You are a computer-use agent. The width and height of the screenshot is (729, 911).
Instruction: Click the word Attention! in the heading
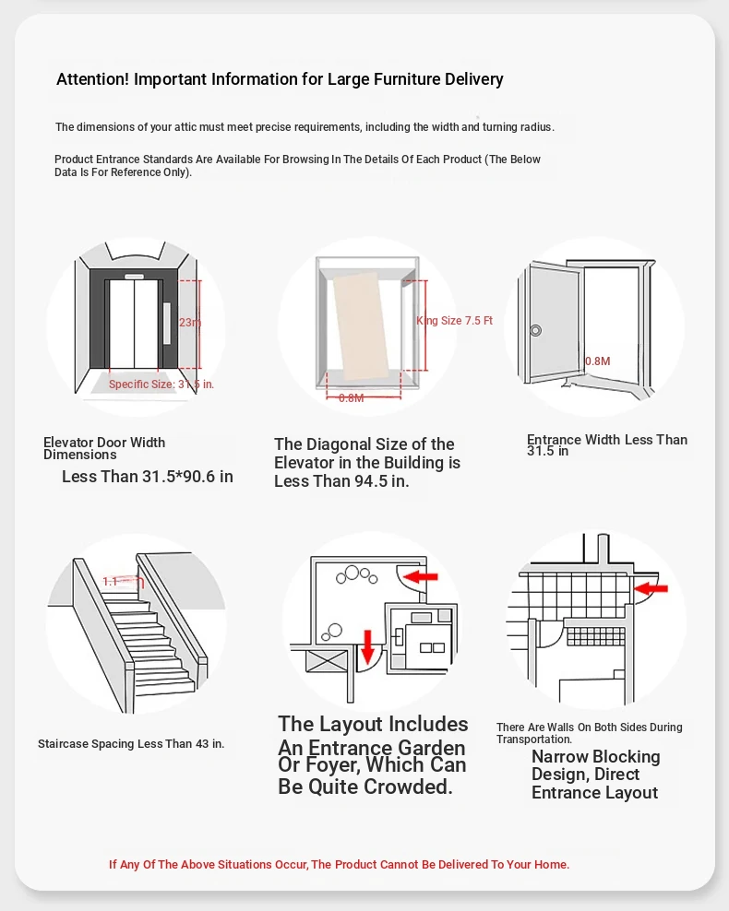coord(93,79)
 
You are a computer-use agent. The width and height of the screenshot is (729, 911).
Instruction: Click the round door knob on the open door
coord(535,330)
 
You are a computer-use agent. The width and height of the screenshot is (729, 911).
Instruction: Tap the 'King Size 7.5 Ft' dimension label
coord(454,321)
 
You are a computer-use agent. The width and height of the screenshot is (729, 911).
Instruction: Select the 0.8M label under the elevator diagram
coord(351,397)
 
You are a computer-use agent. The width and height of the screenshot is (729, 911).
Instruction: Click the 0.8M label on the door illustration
coord(597,361)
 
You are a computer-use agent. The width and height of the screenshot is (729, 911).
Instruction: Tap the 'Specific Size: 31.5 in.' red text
coord(161,384)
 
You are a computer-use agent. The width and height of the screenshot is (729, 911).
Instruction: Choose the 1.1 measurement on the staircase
coord(111,582)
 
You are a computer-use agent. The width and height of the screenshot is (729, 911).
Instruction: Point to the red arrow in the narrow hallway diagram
coord(651,586)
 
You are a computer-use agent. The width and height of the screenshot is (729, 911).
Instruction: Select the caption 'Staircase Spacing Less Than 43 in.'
coord(131,743)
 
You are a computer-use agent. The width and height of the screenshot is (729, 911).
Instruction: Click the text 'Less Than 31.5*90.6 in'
coord(148,477)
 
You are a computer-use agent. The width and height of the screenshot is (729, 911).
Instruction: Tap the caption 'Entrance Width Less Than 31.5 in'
coord(606,445)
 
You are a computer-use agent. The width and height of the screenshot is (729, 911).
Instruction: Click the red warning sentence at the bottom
coord(339,864)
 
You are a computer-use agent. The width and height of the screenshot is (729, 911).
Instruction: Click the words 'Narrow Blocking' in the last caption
coord(595,757)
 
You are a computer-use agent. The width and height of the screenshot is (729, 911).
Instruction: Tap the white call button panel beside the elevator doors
coord(167,324)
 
